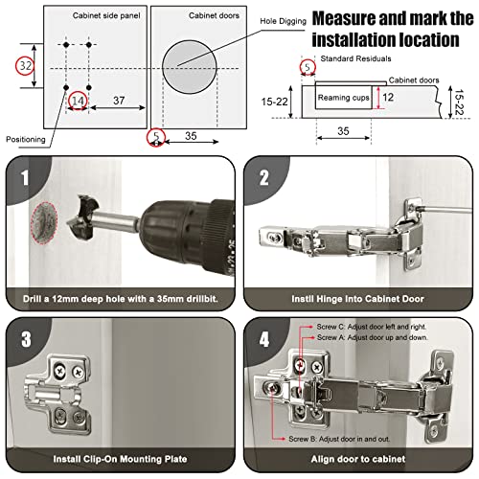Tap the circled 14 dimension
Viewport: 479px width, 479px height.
79,99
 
